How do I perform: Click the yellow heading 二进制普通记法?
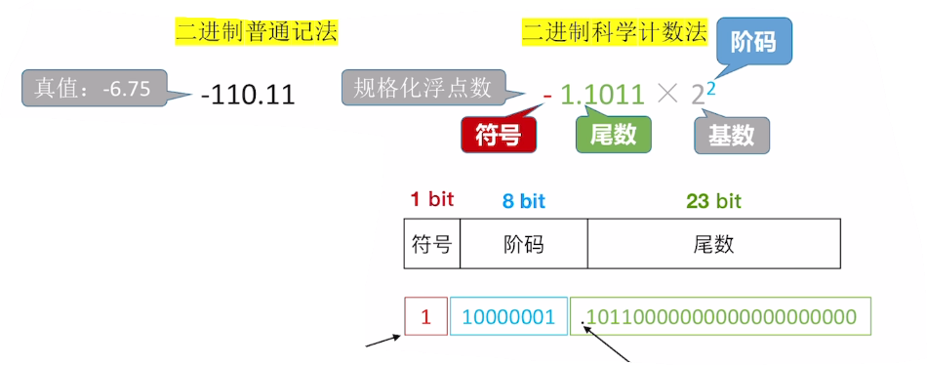click(257, 32)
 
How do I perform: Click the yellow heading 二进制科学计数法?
click(615, 32)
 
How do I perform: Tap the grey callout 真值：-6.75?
click(95, 88)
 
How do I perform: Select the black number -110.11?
click(247, 95)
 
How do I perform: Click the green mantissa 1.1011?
click(601, 95)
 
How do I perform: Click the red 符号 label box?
click(498, 136)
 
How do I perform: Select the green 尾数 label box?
click(613, 135)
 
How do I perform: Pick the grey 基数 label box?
click(731, 136)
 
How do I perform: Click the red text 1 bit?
click(431, 200)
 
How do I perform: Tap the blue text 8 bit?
click(524, 201)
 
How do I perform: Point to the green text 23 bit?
click(713, 201)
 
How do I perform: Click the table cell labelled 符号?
click(432, 243)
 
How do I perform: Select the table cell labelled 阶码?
click(524, 243)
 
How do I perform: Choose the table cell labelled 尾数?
click(713, 243)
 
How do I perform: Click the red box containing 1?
click(425, 316)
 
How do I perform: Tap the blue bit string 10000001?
click(508, 317)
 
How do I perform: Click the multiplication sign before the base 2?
click(667, 95)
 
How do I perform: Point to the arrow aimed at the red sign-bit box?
click(384, 341)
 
